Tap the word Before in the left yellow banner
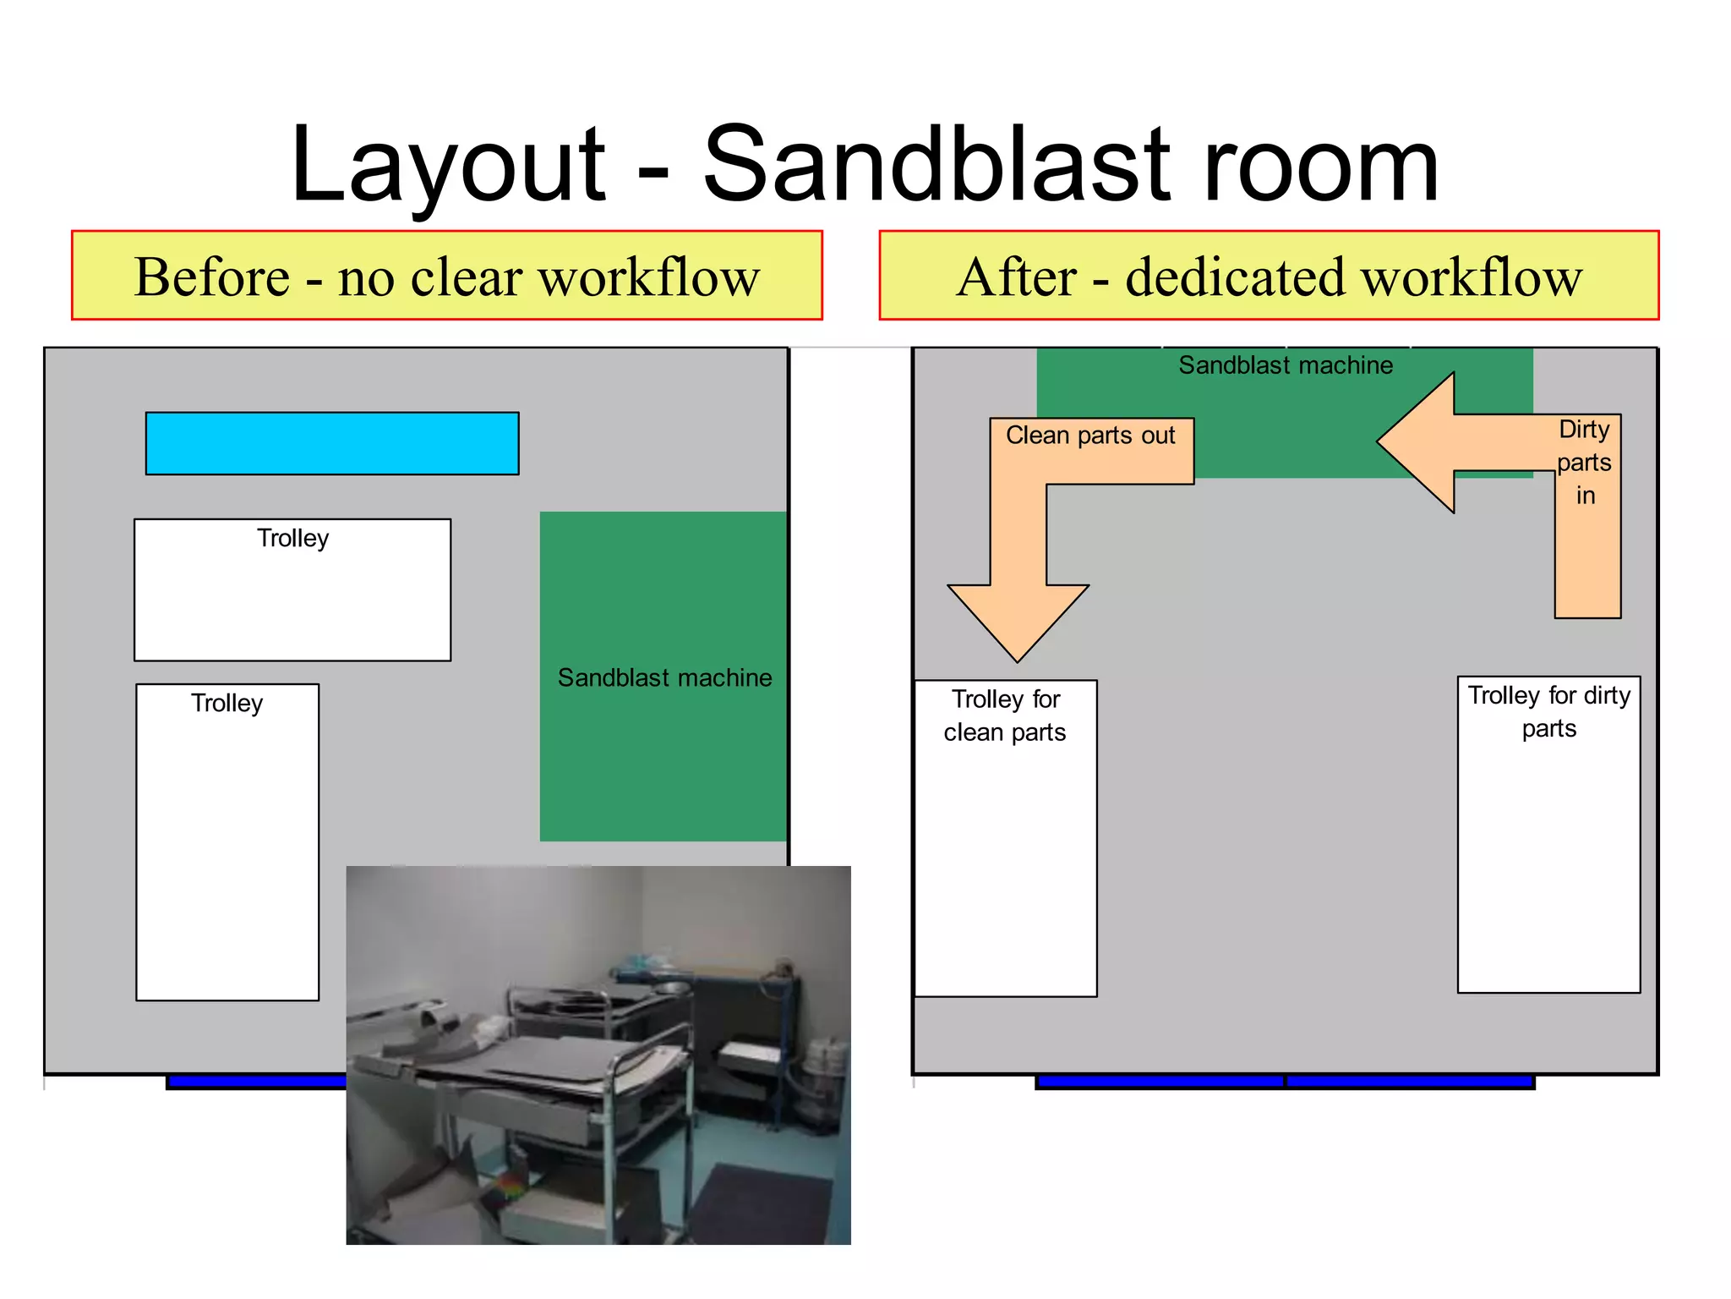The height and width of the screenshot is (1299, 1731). click(212, 277)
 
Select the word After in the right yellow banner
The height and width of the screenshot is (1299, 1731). click(1017, 277)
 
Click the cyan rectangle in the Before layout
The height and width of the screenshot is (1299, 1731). click(332, 443)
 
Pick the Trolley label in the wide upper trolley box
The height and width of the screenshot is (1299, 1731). click(292, 539)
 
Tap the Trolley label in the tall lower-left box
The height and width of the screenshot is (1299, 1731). click(227, 704)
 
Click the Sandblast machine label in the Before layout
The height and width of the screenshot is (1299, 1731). click(664, 678)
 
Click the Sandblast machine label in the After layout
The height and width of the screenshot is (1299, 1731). click(1285, 365)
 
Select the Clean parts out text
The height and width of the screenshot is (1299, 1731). click(1090, 436)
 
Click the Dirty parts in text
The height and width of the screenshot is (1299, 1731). click(1584, 463)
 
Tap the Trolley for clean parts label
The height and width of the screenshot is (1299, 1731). click(1005, 715)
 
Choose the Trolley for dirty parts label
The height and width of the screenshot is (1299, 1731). click(1548, 711)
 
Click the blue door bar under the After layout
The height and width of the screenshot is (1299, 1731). click(1285, 1081)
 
